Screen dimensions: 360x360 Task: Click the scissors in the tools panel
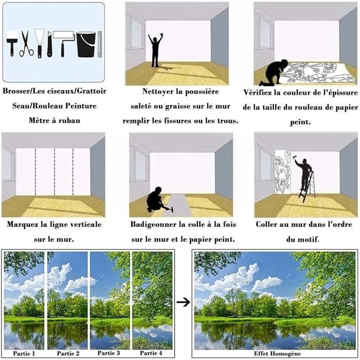26,44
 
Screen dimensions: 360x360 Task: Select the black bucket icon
86,44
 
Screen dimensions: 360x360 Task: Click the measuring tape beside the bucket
100,44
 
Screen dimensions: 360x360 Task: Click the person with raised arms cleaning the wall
155,50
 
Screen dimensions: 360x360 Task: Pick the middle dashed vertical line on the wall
55,172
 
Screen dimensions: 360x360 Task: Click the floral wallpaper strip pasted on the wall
283,172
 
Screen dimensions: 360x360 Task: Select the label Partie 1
24,353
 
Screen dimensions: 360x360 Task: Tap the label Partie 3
109,353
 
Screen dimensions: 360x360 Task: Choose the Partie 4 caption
151,353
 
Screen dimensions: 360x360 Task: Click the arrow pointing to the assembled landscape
183,302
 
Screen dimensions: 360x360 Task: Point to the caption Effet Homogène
277,353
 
